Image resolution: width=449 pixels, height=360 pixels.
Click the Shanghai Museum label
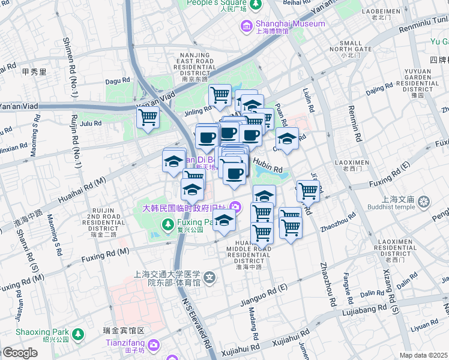[291, 23]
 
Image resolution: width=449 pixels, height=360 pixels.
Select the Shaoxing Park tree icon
[77, 333]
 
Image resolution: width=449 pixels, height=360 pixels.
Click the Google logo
[20, 353]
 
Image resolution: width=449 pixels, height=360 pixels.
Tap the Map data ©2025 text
[424, 355]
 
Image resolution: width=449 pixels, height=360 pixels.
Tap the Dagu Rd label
[118, 80]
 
